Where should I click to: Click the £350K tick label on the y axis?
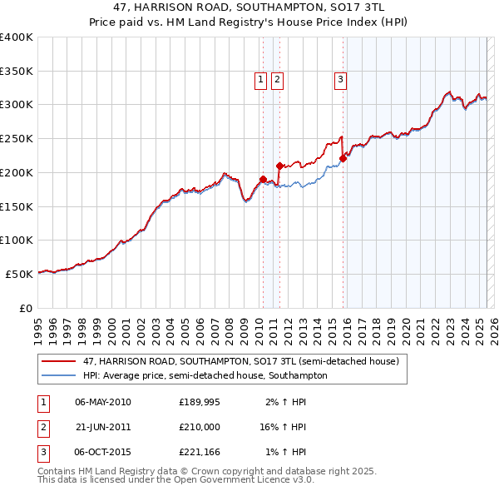coord(17,71)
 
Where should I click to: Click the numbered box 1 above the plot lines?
coord(260,80)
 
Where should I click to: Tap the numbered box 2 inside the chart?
coord(277,80)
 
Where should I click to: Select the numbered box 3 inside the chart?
coord(341,80)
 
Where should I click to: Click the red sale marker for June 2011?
coord(279,165)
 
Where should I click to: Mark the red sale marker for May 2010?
coord(263,179)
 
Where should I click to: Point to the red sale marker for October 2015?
coord(343,157)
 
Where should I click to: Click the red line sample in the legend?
coord(59,362)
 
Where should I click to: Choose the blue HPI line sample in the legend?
coord(59,375)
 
